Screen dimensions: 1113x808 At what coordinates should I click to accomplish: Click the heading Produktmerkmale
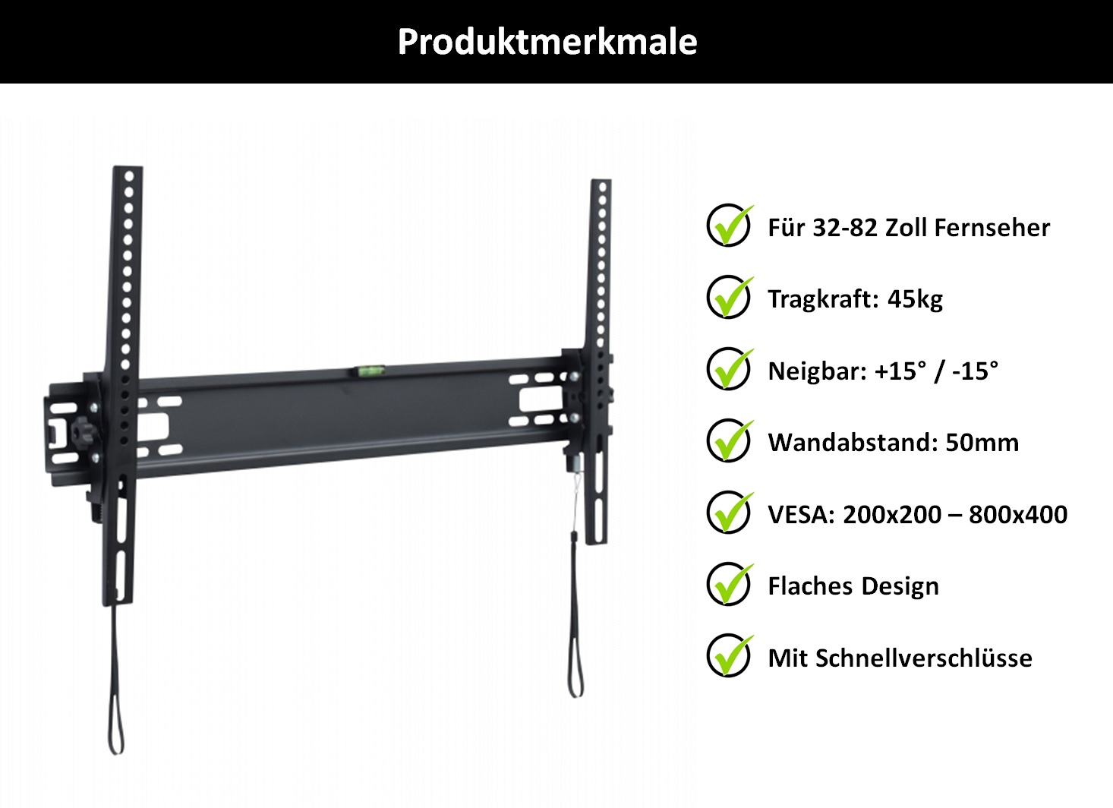pyautogui.click(x=547, y=42)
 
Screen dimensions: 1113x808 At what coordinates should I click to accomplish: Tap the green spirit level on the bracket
pyautogui.click(x=369, y=370)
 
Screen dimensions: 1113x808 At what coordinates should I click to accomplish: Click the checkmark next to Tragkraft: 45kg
pyautogui.click(x=730, y=297)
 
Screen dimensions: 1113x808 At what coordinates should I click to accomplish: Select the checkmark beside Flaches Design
pyautogui.click(x=730, y=584)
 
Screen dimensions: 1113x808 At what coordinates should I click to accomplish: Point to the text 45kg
pyautogui.click(x=915, y=299)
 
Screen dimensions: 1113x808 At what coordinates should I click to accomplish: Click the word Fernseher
pyautogui.click(x=992, y=228)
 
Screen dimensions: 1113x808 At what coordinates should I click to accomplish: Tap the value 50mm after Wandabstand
pyautogui.click(x=982, y=442)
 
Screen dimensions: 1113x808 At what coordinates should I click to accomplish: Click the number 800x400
pyautogui.click(x=1017, y=514)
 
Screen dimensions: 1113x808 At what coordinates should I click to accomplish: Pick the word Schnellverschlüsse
pyautogui.click(x=924, y=658)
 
